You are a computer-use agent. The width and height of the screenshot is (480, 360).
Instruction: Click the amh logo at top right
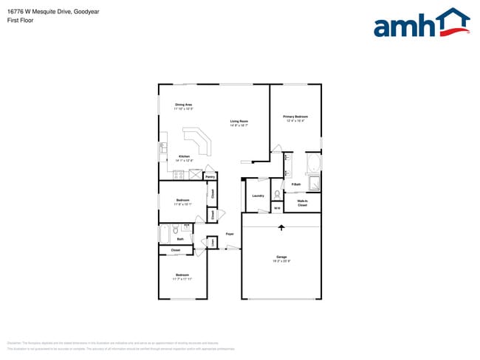422,23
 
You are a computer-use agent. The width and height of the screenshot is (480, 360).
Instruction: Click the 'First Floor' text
19,21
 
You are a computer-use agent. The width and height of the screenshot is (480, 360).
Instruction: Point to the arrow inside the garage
281,230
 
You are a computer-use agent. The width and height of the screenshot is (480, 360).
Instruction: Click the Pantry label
210,177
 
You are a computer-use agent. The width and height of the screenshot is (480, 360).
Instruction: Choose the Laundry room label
258,195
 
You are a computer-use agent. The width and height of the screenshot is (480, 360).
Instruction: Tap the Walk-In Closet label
303,202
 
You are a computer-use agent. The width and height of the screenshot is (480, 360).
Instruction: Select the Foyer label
230,234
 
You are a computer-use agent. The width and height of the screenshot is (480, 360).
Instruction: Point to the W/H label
277,209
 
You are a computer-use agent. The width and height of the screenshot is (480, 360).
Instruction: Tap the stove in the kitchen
163,151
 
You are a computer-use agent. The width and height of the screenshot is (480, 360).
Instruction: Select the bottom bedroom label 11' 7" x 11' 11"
182,277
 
